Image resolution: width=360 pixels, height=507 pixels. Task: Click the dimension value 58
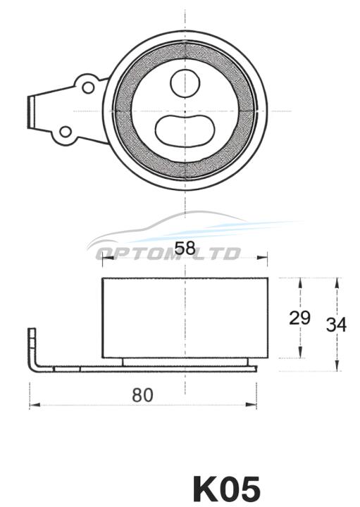pyautogui.click(x=185, y=249)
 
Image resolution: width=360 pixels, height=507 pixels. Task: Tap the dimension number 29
pyautogui.click(x=299, y=318)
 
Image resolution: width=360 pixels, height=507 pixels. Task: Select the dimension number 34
pyautogui.click(x=336, y=325)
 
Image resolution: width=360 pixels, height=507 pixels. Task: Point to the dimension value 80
pyautogui.click(x=142, y=395)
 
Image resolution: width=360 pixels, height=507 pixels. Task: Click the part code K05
pyautogui.click(x=227, y=489)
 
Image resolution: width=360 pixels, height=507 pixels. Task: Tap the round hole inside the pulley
pyautogui.click(x=185, y=83)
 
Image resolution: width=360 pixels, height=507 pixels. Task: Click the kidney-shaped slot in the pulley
pyautogui.click(x=185, y=130)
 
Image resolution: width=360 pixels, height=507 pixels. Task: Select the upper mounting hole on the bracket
pyautogui.click(x=88, y=87)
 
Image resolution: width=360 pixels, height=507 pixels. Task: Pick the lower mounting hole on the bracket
pyautogui.click(x=66, y=132)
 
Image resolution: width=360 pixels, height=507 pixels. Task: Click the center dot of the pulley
pyautogui.click(x=185, y=111)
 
